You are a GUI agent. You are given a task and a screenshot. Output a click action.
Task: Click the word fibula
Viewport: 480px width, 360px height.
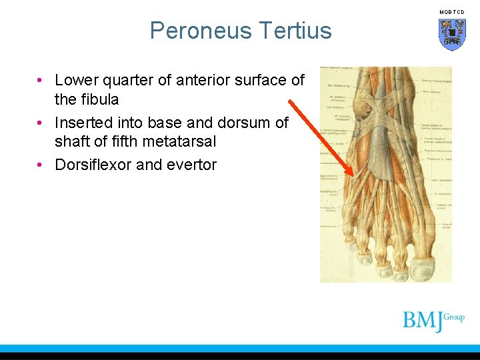(99, 99)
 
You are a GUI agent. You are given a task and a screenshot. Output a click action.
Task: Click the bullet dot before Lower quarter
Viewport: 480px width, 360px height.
(41, 81)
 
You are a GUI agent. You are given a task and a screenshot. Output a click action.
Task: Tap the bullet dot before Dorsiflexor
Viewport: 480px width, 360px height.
(41, 165)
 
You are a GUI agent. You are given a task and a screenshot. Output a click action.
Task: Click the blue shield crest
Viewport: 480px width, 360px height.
(451, 34)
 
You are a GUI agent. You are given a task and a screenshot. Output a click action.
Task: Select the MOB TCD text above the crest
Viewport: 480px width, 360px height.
(451, 12)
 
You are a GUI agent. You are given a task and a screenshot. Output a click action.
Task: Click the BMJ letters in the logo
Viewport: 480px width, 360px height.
(423, 321)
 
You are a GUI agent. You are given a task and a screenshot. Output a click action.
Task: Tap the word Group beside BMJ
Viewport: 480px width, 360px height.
(454, 317)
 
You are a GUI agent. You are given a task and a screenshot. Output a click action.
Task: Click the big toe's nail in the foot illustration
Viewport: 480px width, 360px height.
(425, 269)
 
